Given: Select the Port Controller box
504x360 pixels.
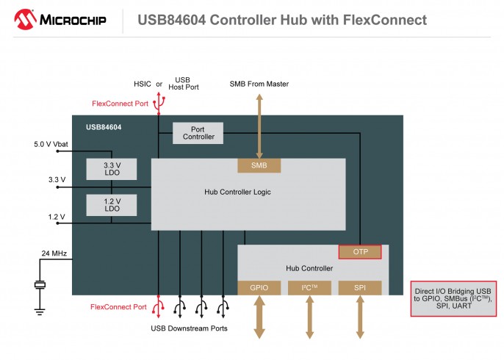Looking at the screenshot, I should (198, 132).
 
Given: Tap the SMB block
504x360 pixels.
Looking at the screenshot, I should (259, 165).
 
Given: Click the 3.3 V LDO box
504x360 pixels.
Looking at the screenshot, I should (112, 169).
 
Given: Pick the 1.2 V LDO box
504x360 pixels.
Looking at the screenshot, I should (112, 204).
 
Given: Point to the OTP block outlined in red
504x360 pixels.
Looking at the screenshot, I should (360, 252).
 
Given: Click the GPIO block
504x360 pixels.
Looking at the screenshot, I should (259, 287).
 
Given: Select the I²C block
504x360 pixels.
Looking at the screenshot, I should (309, 287).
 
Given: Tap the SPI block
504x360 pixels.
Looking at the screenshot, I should (360, 287).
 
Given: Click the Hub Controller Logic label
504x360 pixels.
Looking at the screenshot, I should (237, 192).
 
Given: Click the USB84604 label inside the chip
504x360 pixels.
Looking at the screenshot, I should (104, 127).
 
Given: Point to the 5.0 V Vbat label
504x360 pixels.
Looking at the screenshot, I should (51, 144).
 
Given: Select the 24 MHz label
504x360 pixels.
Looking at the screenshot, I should (54, 253).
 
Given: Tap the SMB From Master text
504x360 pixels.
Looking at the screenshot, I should (259, 84).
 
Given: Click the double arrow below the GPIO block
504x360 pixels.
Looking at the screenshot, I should (259, 317).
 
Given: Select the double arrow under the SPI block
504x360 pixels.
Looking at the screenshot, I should (360, 317).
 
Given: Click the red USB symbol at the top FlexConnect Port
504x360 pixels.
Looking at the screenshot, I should (159, 104).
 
